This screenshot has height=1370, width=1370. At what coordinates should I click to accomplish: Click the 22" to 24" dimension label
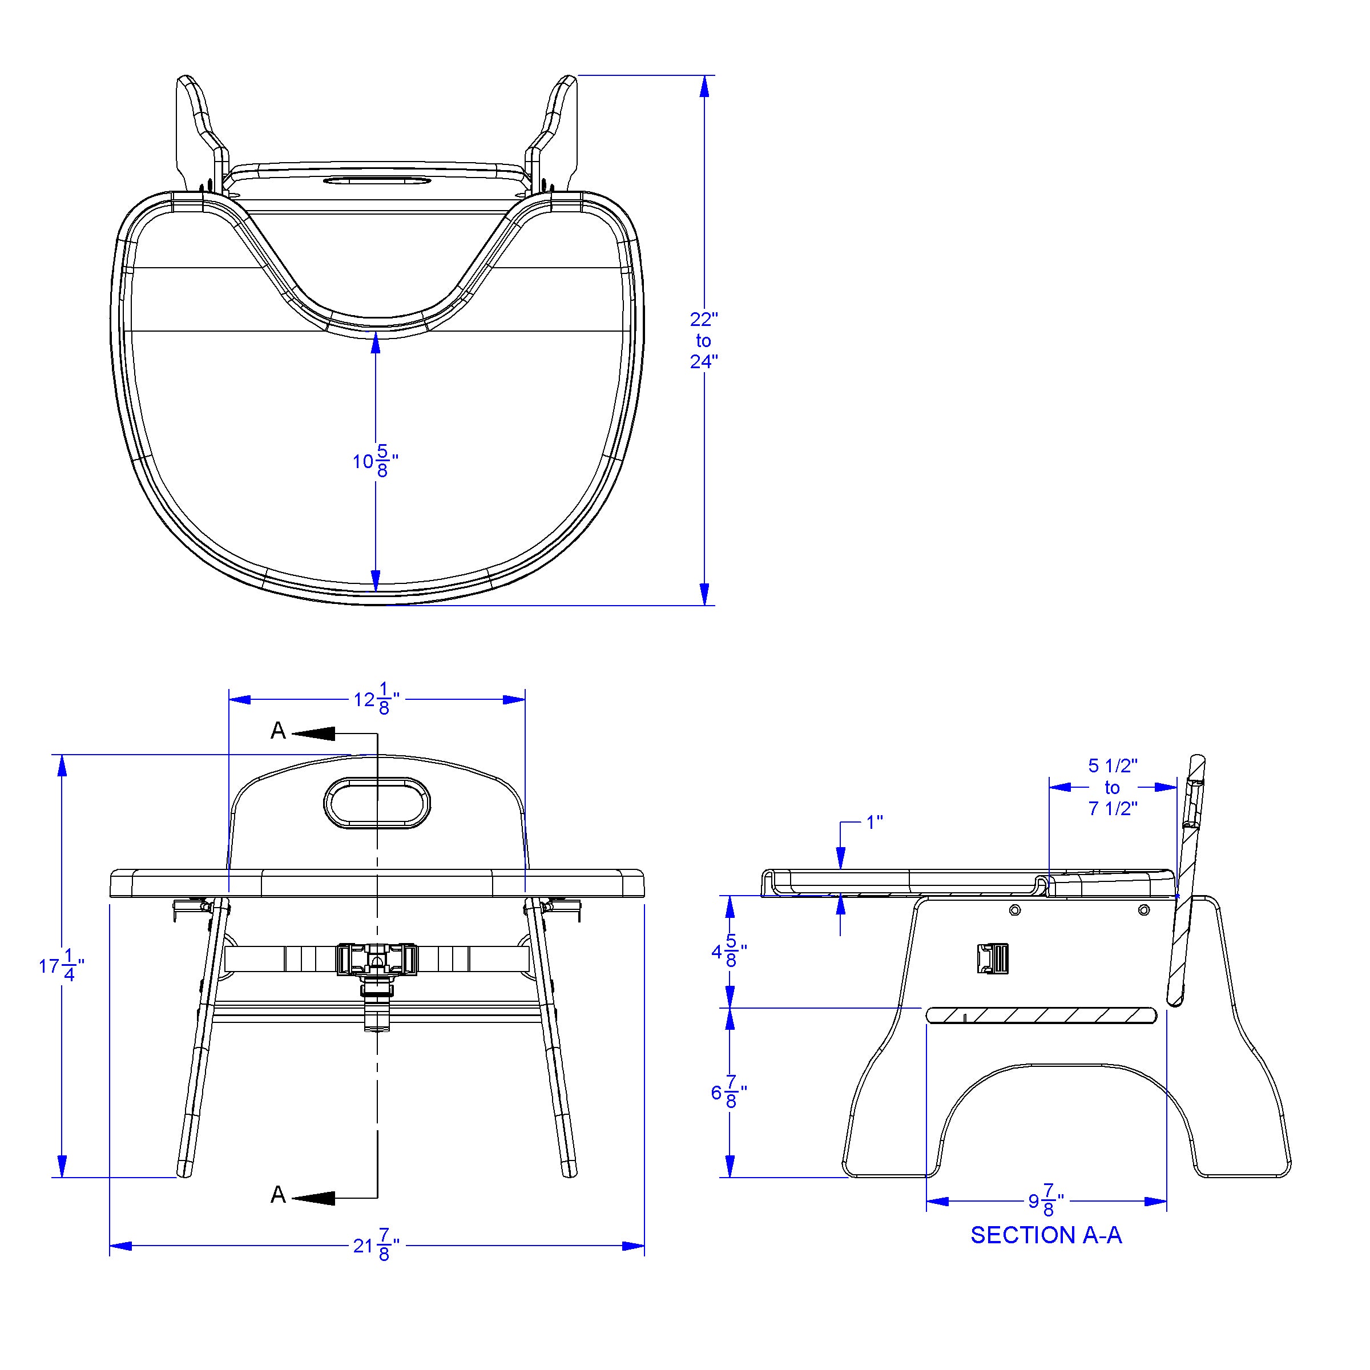point(703,340)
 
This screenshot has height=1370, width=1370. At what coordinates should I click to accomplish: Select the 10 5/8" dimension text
point(375,461)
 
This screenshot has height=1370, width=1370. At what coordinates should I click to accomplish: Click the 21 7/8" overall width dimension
point(377,1246)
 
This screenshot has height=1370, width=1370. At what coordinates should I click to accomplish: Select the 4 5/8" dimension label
point(729,951)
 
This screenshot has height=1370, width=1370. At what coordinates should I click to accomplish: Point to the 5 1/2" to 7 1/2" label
point(1113,787)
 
